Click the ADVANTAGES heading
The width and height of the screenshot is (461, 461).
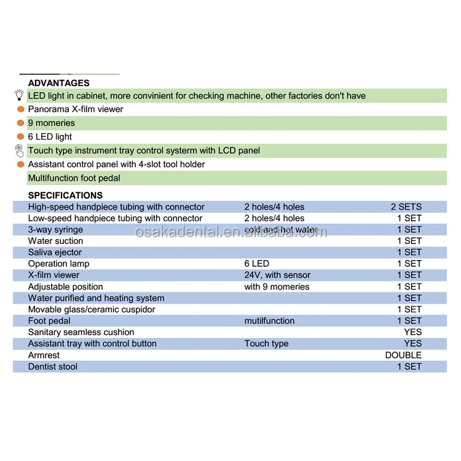[x=58, y=83]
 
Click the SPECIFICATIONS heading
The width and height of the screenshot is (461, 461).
[x=65, y=195]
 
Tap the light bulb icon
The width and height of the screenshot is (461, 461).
[x=19, y=95]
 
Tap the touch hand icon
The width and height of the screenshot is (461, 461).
[x=19, y=151]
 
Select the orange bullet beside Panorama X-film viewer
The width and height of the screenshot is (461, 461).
[x=20, y=109]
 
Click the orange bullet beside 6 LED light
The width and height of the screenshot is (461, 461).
[x=20, y=137]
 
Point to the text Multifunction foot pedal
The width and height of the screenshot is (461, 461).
[x=74, y=178]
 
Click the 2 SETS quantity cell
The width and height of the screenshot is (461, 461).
[x=406, y=207]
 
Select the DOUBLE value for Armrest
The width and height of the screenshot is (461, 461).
[x=403, y=355]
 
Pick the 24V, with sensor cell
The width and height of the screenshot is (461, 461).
[x=277, y=275]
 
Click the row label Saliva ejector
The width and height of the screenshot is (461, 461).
[x=55, y=253]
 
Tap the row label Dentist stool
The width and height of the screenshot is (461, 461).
[x=53, y=367]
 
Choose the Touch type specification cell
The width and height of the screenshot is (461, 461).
[x=266, y=344]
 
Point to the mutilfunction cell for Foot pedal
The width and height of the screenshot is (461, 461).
[x=269, y=321]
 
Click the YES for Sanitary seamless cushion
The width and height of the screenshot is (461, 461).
[x=412, y=333]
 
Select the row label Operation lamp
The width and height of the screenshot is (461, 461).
[x=59, y=264]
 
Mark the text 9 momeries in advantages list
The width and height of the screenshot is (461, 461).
[x=52, y=123]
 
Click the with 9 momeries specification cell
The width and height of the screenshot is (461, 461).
[x=277, y=286]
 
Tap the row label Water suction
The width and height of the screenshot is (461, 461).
[x=55, y=241]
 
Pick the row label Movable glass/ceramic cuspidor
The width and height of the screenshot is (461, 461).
[x=92, y=310]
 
